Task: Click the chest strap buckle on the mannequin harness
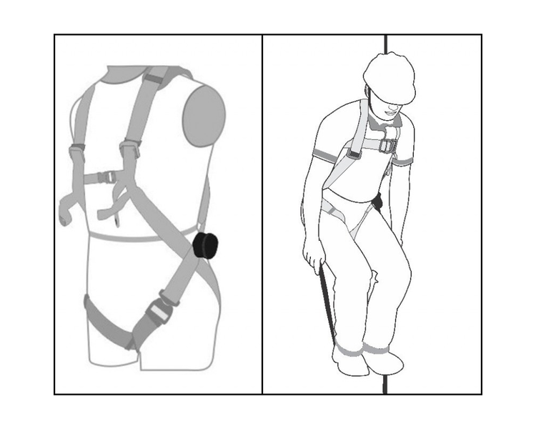104,177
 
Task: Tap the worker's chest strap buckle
387,145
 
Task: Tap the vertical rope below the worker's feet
386,385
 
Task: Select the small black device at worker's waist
377,202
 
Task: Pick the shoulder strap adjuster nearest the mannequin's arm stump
129,148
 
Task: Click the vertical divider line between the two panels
262,214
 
